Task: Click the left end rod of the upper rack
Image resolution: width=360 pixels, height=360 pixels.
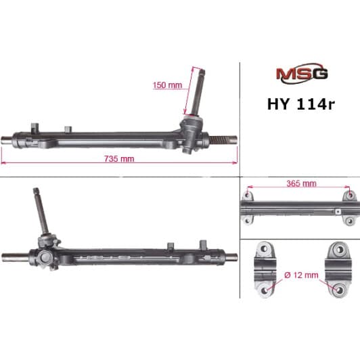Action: coord(12,141)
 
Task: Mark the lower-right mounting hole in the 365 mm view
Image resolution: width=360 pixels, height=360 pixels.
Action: coord(348,221)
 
